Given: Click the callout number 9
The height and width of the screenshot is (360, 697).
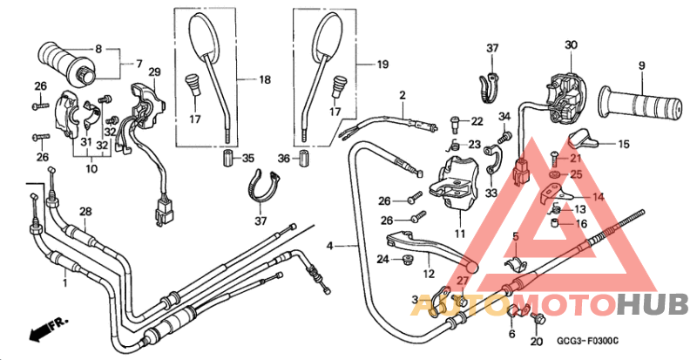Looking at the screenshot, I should click(640, 65).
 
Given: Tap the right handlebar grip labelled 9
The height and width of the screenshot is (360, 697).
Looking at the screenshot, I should click(651, 105).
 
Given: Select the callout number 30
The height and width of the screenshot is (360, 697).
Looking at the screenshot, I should click(571, 44).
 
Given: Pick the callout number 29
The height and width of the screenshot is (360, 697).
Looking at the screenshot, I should click(154, 71).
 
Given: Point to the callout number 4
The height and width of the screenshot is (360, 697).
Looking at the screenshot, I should click(330, 248).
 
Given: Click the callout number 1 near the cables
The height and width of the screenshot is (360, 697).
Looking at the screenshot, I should click(65, 284).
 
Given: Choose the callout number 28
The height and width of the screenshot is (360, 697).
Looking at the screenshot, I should click(85, 212).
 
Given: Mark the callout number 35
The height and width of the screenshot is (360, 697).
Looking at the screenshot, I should click(248, 158).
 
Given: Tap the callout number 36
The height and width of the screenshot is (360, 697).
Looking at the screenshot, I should click(282, 158).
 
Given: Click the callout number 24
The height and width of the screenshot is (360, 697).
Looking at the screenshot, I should click(382, 259).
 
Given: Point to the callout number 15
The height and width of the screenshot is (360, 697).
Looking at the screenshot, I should click(623, 144).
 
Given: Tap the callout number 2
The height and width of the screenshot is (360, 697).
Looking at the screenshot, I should click(403, 94).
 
